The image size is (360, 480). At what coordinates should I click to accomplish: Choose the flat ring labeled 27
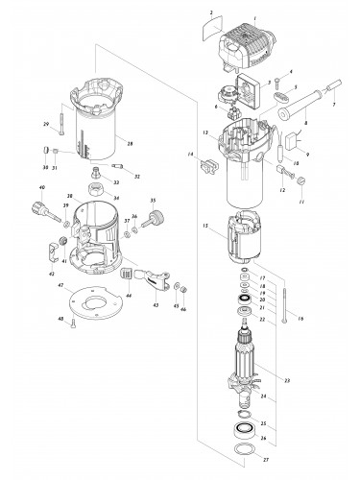pyautogui.click(x=247, y=450)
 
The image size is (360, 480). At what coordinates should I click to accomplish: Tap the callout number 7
pyautogui.click(x=333, y=103)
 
